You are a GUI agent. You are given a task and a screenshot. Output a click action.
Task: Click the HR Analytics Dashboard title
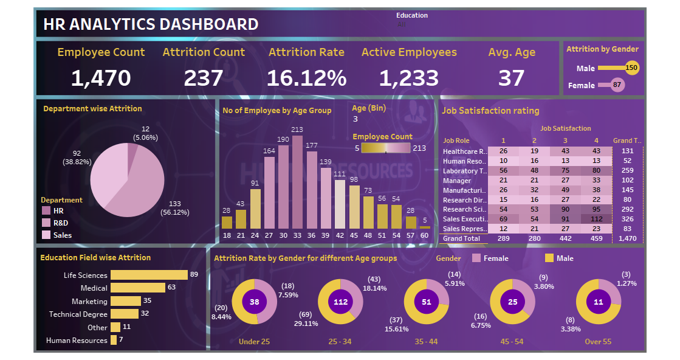click(x=151, y=24)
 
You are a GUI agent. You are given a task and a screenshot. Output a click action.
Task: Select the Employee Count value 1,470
click(x=101, y=78)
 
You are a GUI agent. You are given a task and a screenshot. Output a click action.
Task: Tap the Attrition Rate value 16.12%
click(x=306, y=78)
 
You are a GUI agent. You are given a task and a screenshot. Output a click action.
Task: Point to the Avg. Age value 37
click(x=512, y=78)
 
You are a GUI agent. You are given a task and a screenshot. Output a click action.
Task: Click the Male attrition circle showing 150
click(x=632, y=68)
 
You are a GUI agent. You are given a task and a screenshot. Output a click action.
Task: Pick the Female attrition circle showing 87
click(x=617, y=85)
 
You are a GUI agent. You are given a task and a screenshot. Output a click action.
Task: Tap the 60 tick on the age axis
click(x=424, y=235)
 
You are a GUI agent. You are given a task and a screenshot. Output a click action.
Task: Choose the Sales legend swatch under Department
click(x=46, y=235)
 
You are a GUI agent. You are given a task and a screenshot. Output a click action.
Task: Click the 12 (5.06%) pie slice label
click(x=146, y=133)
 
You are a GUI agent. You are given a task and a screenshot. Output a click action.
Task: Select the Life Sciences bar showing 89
click(x=149, y=275)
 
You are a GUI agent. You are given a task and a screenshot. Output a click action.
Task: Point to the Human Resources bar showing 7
click(x=113, y=341)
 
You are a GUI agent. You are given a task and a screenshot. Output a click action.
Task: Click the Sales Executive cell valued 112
click(x=597, y=218)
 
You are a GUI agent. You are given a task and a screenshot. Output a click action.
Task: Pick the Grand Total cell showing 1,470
click(x=627, y=238)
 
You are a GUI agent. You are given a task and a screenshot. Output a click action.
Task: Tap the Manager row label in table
click(x=457, y=181)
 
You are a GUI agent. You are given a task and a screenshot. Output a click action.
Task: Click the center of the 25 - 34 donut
click(x=340, y=302)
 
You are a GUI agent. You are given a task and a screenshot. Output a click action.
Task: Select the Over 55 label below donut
click(x=597, y=342)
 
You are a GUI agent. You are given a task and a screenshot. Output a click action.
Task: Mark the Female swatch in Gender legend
click(x=476, y=258)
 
